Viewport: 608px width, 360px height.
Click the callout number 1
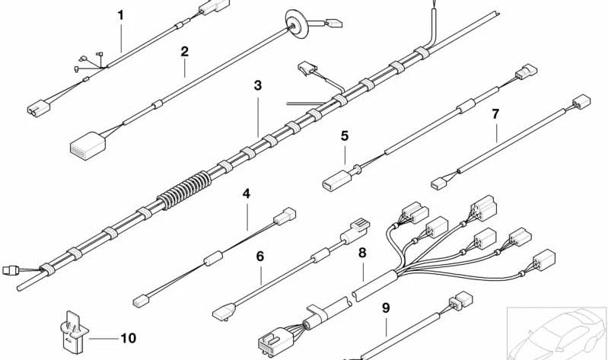point(119,14)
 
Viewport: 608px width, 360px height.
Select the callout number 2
point(184,52)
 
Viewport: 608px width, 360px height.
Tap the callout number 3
point(258,86)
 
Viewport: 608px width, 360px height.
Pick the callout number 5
point(345,136)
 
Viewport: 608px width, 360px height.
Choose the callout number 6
point(259,256)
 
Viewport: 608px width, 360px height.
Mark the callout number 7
point(495,114)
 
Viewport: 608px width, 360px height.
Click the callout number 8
point(362,251)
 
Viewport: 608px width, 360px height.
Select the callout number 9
point(386,308)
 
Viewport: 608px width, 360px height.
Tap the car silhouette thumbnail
point(557,331)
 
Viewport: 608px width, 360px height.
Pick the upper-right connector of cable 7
point(582,101)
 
